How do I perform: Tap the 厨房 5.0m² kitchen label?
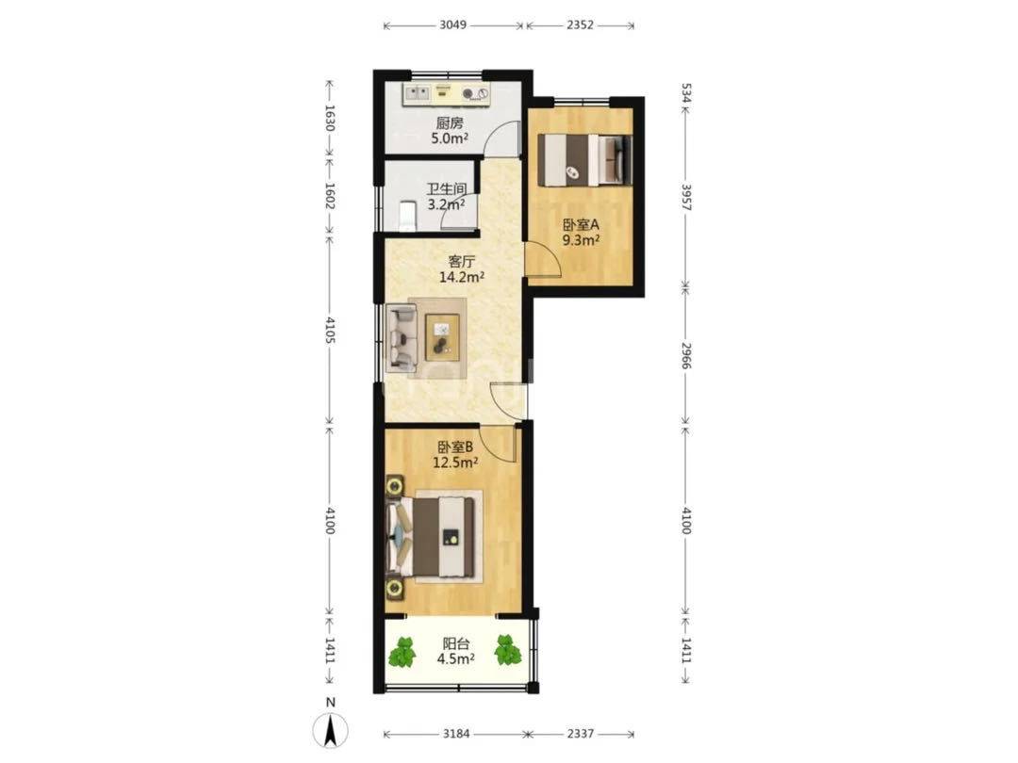point(450,130)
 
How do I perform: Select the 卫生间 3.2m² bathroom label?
point(446,197)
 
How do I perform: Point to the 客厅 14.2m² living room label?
point(462,270)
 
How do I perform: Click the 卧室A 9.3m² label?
point(581,233)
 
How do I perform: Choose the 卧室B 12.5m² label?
point(455,455)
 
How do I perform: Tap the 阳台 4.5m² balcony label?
point(455,652)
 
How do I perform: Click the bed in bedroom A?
point(584,159)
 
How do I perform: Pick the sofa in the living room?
point(402,337)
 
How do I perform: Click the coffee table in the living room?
point(442,336)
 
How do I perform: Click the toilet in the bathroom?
point(406,216)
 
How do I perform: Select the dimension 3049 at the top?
point(453,25)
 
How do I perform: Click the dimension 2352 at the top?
point(580,25)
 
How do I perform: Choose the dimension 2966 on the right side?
point(686,354)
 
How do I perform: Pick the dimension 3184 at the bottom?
point(456,734)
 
